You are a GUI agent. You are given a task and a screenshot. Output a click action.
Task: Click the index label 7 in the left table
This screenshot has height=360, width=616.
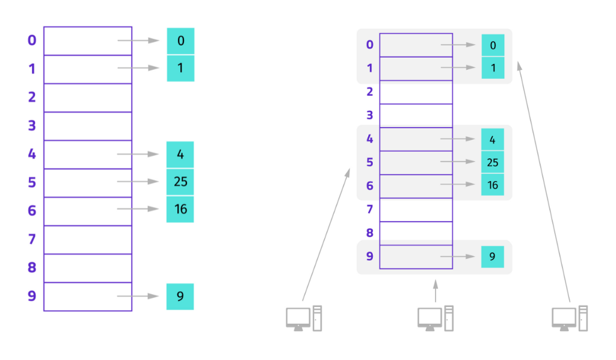point(32,240)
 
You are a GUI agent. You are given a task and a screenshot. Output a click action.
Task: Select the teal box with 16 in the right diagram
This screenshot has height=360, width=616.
point(493,185)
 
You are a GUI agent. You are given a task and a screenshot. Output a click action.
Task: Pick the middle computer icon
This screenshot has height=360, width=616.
point(436,318)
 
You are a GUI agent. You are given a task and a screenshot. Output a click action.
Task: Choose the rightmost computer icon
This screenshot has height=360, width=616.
point(570,318)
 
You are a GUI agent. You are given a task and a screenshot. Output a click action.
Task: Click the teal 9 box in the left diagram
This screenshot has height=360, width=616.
point(180,296)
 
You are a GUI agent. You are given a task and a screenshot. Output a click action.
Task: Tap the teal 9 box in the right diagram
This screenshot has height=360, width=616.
point(493,257)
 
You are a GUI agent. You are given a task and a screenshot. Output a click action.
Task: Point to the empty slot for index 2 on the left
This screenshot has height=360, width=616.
point(88,98)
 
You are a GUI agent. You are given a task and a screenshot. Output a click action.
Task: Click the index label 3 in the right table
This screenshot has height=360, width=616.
point(370,115)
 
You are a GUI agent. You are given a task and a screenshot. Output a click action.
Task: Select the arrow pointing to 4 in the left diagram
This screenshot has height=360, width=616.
point(138,154)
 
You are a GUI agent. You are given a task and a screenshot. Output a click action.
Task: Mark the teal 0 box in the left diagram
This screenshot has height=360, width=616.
point(180,41)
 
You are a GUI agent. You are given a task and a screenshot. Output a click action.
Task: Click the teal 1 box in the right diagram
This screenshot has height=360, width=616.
point(493,68)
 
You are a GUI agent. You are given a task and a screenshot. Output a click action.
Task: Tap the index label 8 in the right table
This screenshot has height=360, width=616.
point(370,233)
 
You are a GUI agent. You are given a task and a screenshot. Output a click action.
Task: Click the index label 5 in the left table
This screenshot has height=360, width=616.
point(32,182)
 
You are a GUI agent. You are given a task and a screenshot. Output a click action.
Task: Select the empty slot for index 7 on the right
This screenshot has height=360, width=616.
point(416,209)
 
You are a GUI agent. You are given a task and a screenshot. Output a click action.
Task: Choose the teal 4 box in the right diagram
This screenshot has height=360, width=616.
point(493,140)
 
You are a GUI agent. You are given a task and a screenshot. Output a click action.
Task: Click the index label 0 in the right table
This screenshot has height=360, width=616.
point(370,45)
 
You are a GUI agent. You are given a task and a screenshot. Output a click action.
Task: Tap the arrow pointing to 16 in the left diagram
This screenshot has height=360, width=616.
point(138,209)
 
